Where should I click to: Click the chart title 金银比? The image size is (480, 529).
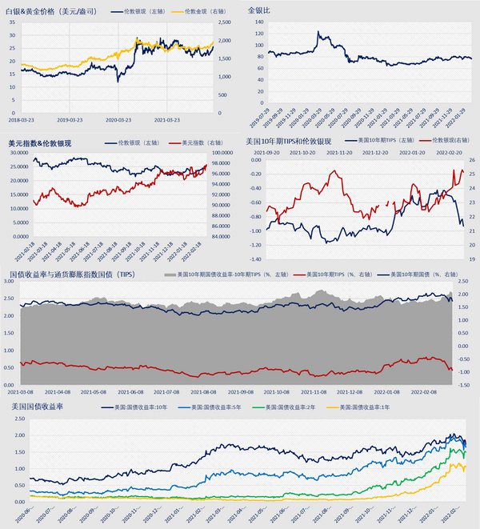pyautogui.click(x=259, y=11)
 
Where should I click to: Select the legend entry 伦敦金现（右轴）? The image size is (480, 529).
pyautogui.click(x=197, y=12)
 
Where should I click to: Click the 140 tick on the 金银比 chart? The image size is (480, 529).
pyautogui.click(x=258, y=22)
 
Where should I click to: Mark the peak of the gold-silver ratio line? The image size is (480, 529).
pyautogui.click(x=318, y=32)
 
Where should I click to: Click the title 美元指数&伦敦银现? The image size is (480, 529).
pyautogui.click(x=40, y=142)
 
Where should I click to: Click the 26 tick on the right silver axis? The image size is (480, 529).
pyautogui.click(x=472, y=160)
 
